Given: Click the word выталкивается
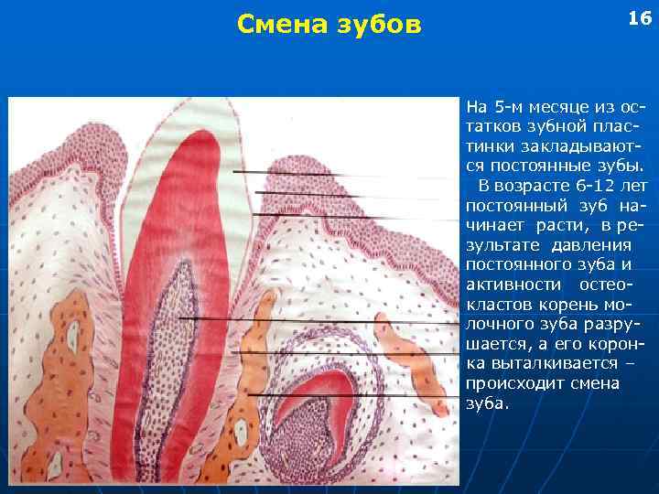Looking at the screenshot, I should point(545,364).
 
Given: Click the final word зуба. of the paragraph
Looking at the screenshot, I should point(484,403).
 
